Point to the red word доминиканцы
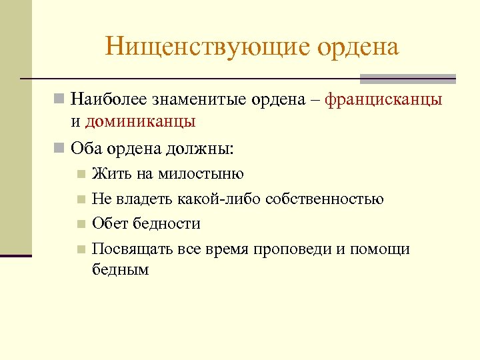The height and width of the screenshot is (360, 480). coord(140,121)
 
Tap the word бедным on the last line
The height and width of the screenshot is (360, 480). coord(121,269)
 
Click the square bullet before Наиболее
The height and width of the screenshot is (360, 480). coord(60,100)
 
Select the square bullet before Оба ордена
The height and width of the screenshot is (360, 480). coord(60,148)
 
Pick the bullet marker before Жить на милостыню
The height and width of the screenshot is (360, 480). coord(81,175)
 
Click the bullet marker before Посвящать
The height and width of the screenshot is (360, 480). coord(81,250)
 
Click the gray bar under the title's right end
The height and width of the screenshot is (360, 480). coord(407,79)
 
